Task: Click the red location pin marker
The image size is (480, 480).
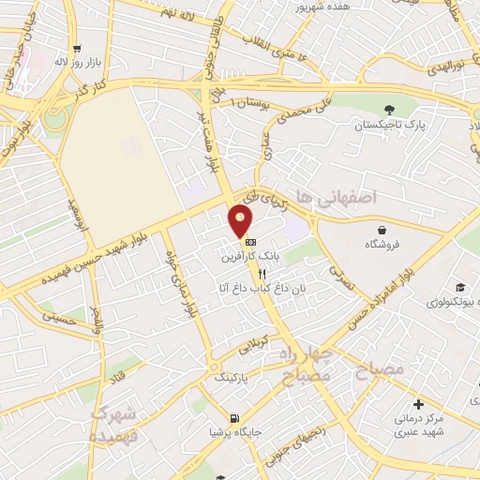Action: (x=241, y=221)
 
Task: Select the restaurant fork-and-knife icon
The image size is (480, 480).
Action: (x=249, y=272)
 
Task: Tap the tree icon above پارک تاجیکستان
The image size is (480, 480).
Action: (x=389, y=108)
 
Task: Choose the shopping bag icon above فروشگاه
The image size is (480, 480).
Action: (x=382, y=229)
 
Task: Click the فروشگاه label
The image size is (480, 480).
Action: (x=383, y=244)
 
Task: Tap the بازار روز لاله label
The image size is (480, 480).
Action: (x=75, y=60)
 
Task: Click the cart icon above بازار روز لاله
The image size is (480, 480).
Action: (x=76, y=46)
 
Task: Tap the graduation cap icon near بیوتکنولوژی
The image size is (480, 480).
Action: (x=459, y=287)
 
